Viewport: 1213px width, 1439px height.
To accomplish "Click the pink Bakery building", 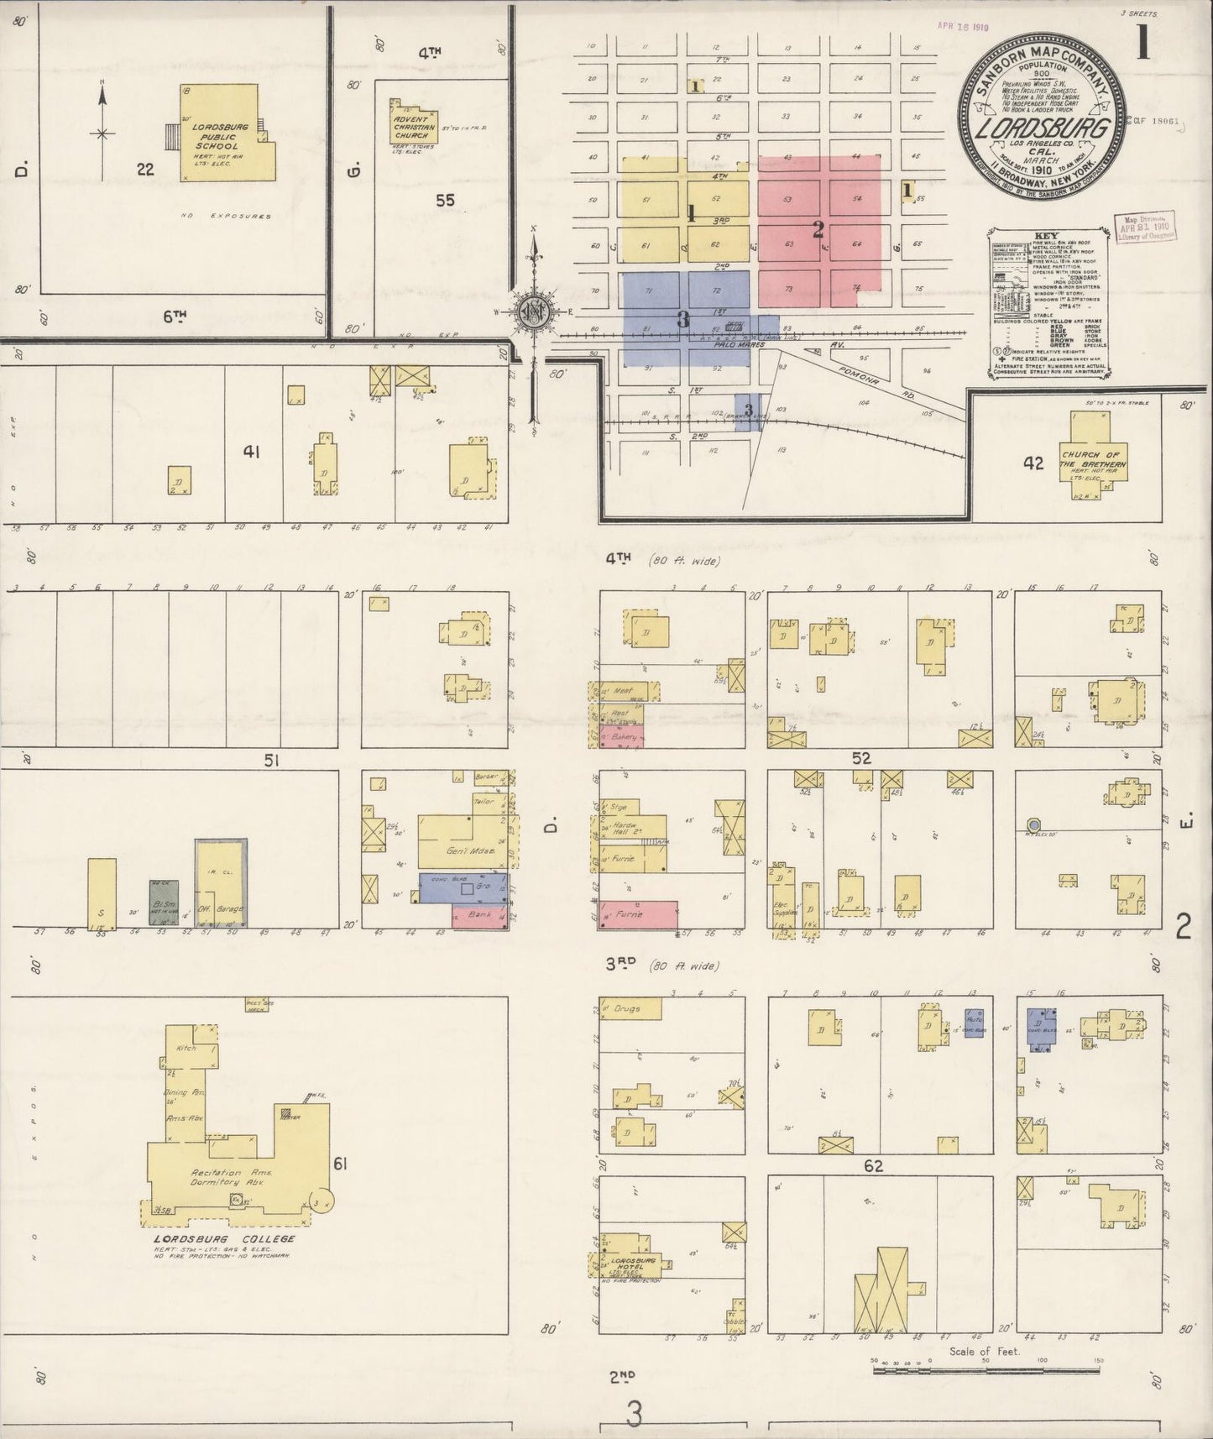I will point(622,735).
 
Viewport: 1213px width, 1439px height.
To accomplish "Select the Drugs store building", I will point(630,1008).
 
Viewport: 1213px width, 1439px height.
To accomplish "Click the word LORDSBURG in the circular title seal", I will point(1044,129).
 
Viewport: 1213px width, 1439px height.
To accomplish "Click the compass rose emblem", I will point(533,311).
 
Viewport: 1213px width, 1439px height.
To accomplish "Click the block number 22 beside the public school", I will point(145,170).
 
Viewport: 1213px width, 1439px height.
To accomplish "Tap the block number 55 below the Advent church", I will point(445,200).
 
